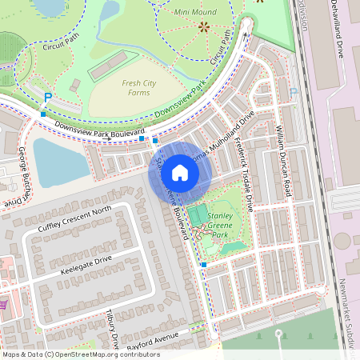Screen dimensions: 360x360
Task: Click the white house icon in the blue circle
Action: click(180, 172)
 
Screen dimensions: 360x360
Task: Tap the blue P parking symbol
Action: click(47, 97)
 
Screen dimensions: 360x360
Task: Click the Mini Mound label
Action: click(193, 13)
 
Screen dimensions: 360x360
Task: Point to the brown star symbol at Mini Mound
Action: click(203, 27)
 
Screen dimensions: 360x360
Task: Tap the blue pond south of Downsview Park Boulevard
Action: click(56, 160)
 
